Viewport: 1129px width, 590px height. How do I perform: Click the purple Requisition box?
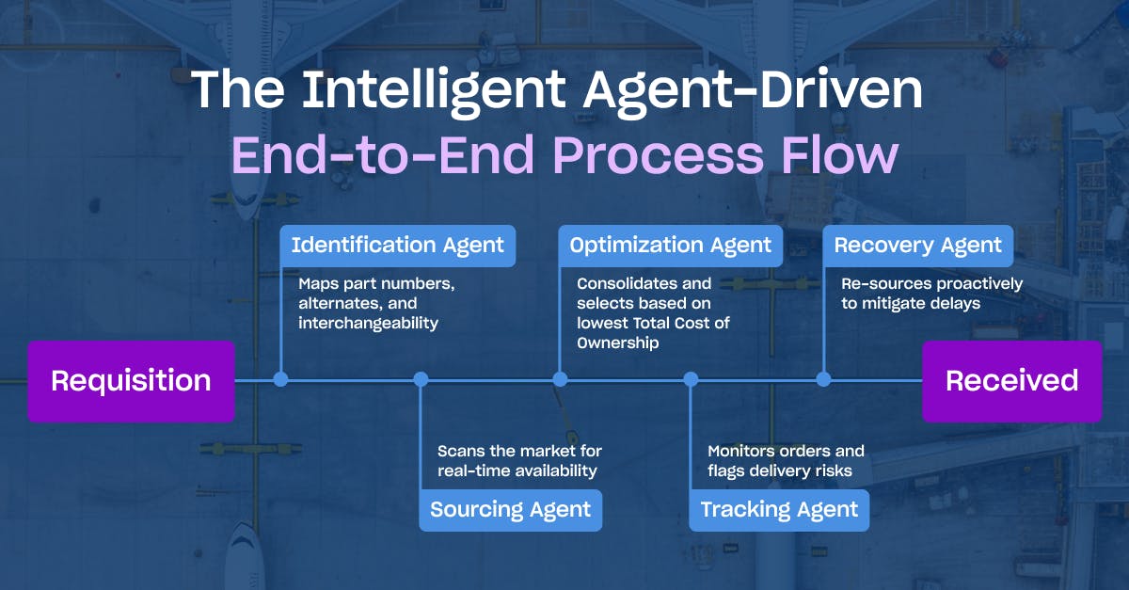click(x=131, y=381)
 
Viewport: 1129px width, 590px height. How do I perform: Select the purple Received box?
click(x=1012, y=381)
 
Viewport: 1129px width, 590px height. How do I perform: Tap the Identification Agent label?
click(x=398, y=246)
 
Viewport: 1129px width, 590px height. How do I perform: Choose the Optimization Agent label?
click(x=670, y=246)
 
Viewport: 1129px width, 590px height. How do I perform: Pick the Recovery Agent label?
click(x=918, y=246)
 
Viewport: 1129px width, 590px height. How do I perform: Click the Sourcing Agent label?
click(x=511, y=510)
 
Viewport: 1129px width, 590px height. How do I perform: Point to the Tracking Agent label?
click(x=779, y=510)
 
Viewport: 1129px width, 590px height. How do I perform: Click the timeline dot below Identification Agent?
click(x=280, y=380)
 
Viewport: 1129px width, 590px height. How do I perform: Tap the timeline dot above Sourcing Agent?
click(x=421, y=380)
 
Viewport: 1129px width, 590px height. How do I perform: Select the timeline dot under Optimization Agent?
click(x=560, y=380)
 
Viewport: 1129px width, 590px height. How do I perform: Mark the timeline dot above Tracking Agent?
click(x=691, y=380)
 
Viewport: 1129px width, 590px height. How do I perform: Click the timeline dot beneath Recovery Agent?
click(x=823, y=380)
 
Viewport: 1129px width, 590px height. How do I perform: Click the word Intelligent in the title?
click(x=434, y=90)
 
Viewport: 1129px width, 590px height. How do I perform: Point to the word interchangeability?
click(x=369, y=324)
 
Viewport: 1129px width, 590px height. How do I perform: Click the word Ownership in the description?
click(x=618, y=343)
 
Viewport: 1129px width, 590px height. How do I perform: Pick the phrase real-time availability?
click(x=517, y=471)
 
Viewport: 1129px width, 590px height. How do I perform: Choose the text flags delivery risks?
click(x=780, y=471)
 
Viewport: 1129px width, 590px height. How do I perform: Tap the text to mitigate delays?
click(x=911, y=304)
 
